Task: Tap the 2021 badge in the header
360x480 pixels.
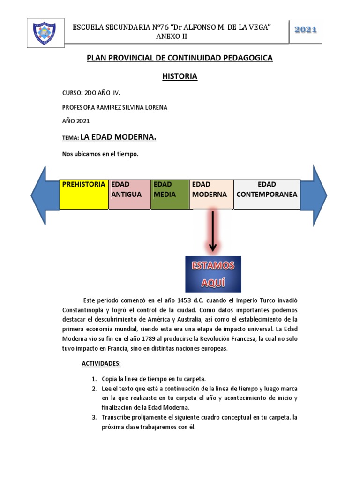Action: click(306, 30)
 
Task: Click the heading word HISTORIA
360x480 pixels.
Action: click(180, 76)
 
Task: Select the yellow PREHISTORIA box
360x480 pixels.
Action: click(84, 194)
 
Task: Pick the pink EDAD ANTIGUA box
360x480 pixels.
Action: click(129, 194)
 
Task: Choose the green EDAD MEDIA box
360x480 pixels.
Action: click(170, 194)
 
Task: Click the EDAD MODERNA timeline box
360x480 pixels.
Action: click(211, 194)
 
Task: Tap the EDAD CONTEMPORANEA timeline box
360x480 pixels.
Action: click(267, 194)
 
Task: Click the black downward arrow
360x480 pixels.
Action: click(213, 232)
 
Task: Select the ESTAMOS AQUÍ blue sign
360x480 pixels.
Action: click(213, 274)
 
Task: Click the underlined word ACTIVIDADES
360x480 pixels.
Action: click(101, 363)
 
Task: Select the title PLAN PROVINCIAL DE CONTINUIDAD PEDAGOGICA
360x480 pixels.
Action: click(180, 58)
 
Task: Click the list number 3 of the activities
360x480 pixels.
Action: click(94, 417)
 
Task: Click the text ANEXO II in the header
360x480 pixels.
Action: click(172, 36)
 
